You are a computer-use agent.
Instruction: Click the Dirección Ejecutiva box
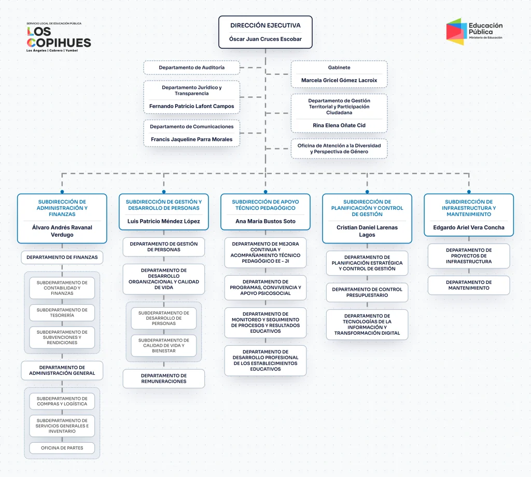pos(265,32)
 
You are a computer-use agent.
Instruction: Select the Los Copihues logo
pos(59,37)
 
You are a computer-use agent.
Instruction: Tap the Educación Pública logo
pos(474,32)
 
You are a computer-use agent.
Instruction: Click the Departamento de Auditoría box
pos(192,67)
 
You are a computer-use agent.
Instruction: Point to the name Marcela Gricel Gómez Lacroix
pos(339,80)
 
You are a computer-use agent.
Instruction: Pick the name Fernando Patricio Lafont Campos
pos(192,106)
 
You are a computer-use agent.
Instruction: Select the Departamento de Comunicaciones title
pos(192,127)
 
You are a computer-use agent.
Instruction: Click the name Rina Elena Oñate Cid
pos(339,126)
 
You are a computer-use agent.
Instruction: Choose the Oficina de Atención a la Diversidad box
pos(339,148)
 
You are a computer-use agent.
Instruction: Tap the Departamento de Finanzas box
pos(62,257)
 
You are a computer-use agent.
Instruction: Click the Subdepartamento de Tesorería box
pos(62,312)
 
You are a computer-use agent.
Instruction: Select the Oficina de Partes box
pos(62,448)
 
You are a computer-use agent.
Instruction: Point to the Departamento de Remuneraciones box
pos(163,378)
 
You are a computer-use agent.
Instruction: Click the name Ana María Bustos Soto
pos(265,222)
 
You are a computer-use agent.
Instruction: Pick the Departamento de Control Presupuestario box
pos(367,292)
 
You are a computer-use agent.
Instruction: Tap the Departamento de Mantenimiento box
pos(469,285)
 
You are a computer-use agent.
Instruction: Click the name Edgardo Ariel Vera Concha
pos(469,227)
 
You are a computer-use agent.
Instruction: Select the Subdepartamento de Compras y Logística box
pos(62,401)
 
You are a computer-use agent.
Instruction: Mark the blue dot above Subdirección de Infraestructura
pos(469,192)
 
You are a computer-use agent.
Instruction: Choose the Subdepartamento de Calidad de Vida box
pos(163,346)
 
